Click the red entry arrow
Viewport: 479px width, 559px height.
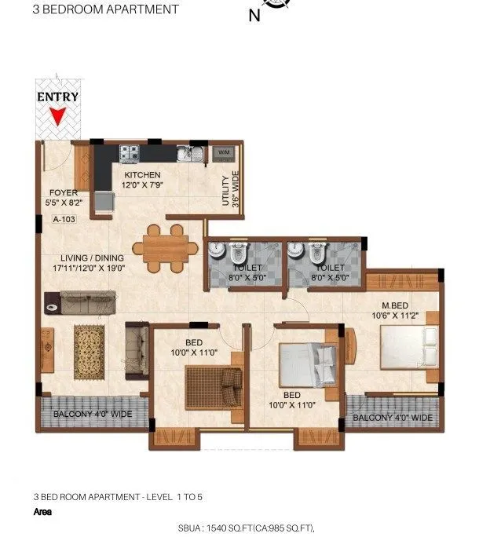[57, 117]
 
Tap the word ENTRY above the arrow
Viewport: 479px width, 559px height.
[57, 97]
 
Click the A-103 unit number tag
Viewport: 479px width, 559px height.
[64, 220]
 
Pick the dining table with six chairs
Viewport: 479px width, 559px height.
[165, 248]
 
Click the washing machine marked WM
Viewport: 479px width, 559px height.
[222, 151]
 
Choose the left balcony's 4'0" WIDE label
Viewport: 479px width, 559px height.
[92, 415]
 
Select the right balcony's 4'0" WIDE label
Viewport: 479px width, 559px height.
[392, 418]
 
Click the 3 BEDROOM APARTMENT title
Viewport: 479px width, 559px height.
[105, 9]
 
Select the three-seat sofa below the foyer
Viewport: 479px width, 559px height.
[80, 300]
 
